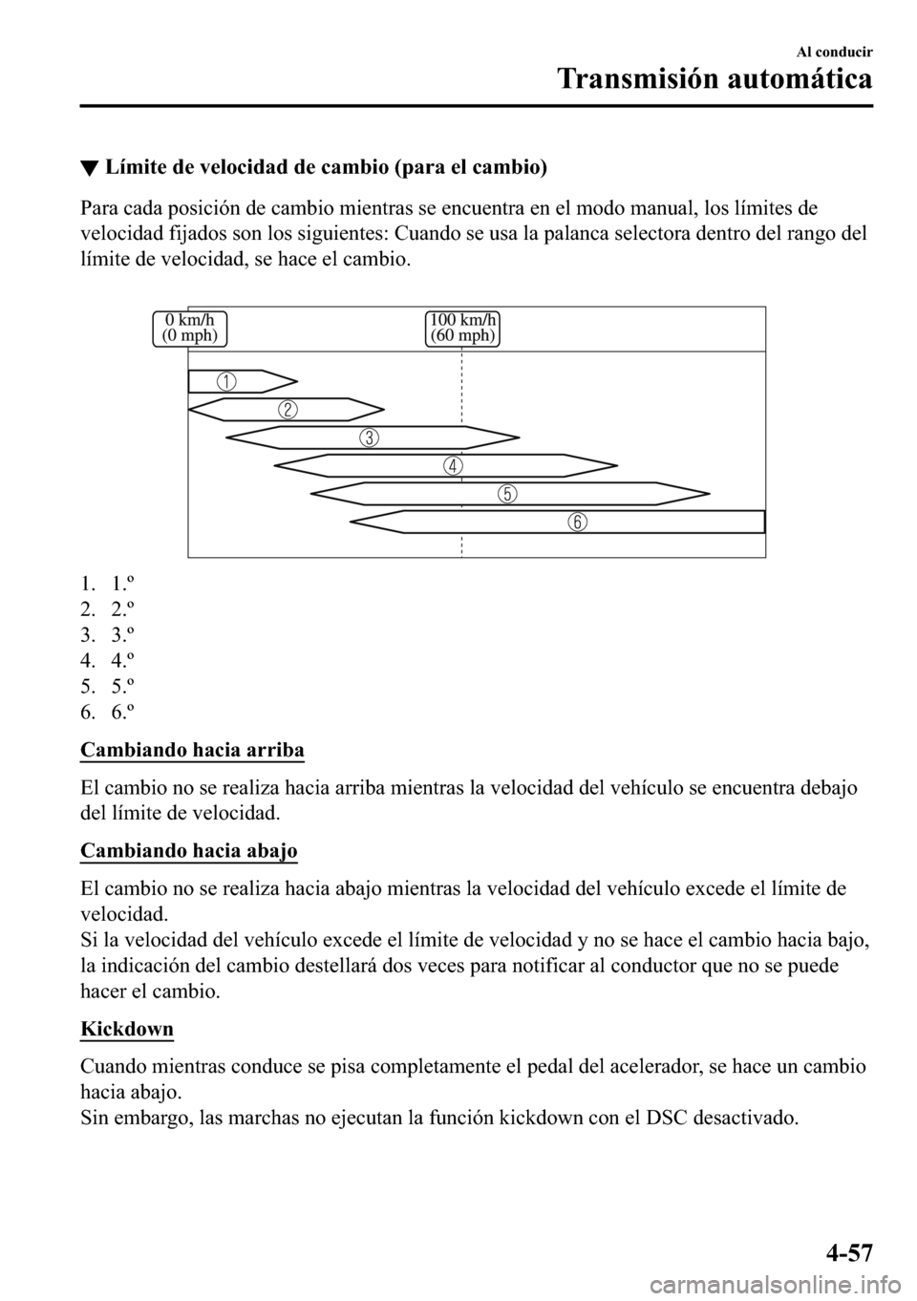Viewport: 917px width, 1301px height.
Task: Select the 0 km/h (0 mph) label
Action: (190, 328)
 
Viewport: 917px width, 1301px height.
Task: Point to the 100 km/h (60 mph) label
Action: (462, 328)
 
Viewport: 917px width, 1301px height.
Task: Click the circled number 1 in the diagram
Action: (226, 381)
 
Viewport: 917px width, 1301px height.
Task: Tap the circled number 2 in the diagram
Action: (288, 410)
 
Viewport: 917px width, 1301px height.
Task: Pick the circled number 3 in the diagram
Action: (369, 438)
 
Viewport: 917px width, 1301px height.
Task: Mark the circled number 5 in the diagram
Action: (506, 494)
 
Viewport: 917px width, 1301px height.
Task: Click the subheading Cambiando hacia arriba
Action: (192, 750)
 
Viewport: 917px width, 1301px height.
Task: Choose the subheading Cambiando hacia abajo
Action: (188, 850)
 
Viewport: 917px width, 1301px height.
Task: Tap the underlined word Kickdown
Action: (127, 1029)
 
